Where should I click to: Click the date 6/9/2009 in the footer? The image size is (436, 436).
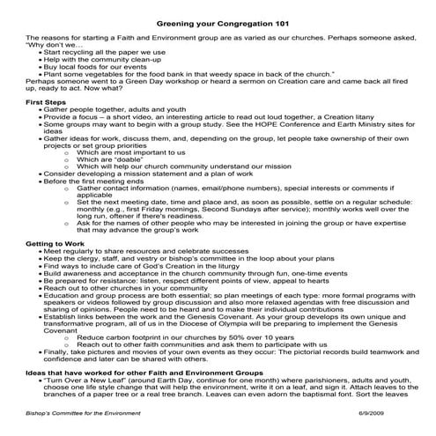click(x=392, y=413)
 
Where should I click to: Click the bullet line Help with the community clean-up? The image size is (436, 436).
click(x=104, y=62)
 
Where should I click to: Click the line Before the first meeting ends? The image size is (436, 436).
click(x=97, y=193)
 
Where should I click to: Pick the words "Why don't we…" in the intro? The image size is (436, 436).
click(x=53, y=45)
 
